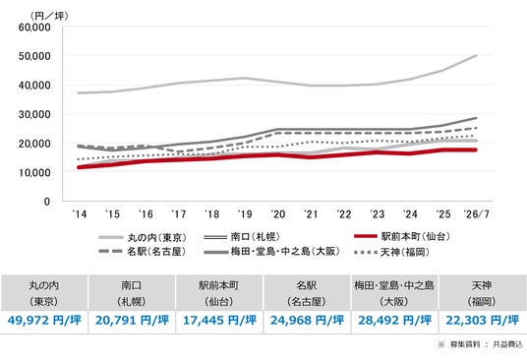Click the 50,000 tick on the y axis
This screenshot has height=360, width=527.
click(x=34, y=56)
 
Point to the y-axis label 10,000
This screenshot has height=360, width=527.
click(x=34, y=172)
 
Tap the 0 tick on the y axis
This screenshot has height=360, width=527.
click(x=47, y=202)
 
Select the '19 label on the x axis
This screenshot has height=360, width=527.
click(x=245, y=213)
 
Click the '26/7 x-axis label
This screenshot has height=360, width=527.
click(x=476, y=213)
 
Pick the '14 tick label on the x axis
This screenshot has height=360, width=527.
click(x=80, y=213)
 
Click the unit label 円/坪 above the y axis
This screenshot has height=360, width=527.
click(x=49, y=16)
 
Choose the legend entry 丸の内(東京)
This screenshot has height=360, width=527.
click(x=143, y=237)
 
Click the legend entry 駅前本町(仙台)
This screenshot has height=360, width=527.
click(x=402, y=236)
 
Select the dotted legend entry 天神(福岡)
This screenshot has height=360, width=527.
click(x=392, y=252)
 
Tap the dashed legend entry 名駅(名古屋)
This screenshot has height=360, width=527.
click(x=143, y=251)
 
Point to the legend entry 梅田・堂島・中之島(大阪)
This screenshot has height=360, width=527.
click(x=272, y=252)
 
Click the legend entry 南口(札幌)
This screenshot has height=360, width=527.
click(x=242, y=237)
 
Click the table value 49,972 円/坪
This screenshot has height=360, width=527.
click(x=44, y=320)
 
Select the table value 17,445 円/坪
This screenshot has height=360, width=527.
click(x=219, y=320)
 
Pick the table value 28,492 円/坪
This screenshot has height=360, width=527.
click(x=395, y=320)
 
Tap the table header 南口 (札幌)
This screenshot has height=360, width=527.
click(x=132, y=293)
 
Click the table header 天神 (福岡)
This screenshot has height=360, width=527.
click(x=482, y=293)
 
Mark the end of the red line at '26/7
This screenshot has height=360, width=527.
click(x=476, y=150)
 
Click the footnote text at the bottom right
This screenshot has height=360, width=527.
click(x=480, y=344)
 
